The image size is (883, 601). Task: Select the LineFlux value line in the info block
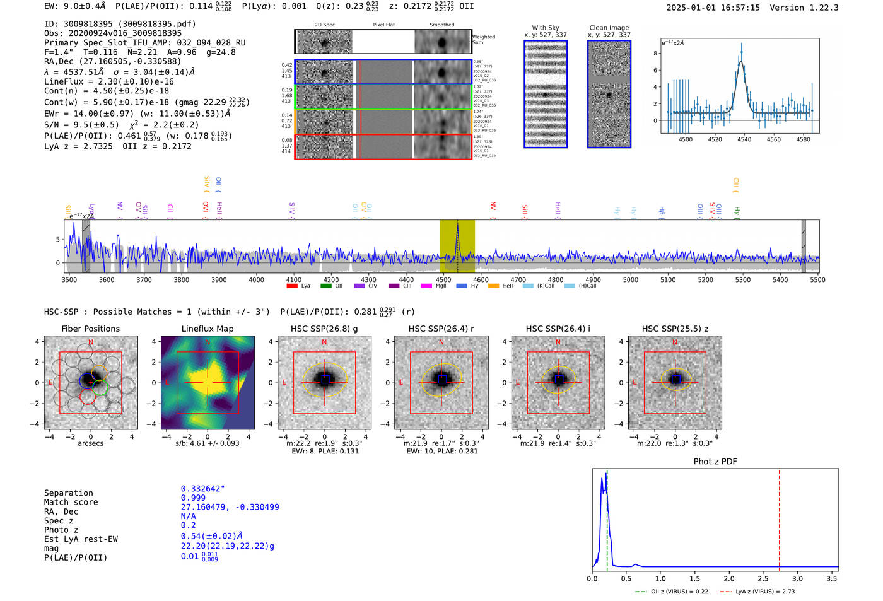tap(108, 81)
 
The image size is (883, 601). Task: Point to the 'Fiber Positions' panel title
tap(90, 329)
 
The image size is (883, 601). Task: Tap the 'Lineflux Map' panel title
tap(207, 329)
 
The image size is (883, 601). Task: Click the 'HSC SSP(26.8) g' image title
tap(324, 329)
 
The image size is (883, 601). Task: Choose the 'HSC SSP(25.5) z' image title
tap(675, 329)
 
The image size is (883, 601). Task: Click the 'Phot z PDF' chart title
tap(715, 462)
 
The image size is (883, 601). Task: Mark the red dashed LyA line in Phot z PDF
tap(780, 517)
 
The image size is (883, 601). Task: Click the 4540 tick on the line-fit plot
tap(744, 139)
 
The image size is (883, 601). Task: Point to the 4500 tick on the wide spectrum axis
tap(443, 279)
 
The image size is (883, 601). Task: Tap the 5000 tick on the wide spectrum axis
tap(631, 279)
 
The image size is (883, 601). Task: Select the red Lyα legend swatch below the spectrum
tap(292, 286)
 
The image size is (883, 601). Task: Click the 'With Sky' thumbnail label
tap(545, 28)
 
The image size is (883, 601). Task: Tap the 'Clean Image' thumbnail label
tap(609, 28)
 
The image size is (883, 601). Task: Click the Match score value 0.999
tap(193, 498)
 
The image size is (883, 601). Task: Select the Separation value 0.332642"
tap(202, 489)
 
